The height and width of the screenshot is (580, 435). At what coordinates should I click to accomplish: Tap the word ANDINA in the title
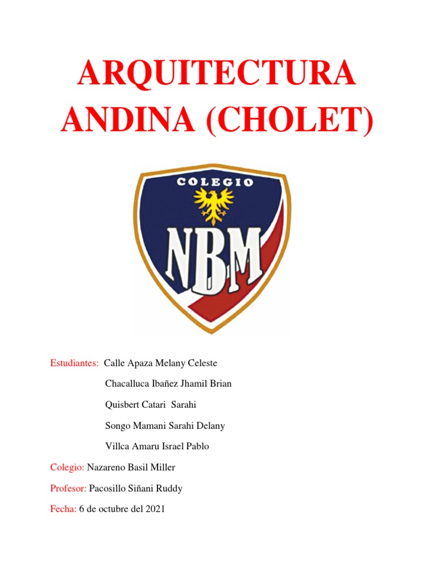tap(130, 121)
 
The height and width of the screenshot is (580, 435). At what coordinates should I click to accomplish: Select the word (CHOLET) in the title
tap(289, 121)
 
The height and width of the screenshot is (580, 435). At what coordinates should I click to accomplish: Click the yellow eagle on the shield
tap(214, 204)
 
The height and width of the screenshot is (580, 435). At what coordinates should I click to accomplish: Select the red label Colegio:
tap(67, 467)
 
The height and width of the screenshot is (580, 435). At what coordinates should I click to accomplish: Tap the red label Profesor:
tap(69, 488)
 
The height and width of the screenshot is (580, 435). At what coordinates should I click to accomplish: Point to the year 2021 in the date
tap(155, 509)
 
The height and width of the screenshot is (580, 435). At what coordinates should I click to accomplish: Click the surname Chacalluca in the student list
tap(127, 384)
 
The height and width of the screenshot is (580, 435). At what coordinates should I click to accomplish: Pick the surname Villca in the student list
tap(117, 446)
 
